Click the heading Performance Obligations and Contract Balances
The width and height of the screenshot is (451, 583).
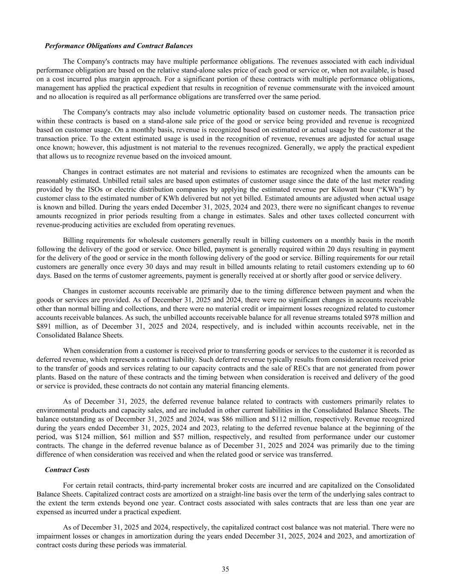pyautogui.click(x=119, y=46)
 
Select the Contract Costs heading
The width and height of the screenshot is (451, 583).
pyautogui.click(x=67, y=469)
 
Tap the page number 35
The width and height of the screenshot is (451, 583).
pyautogui.click(x=225, y=569)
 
